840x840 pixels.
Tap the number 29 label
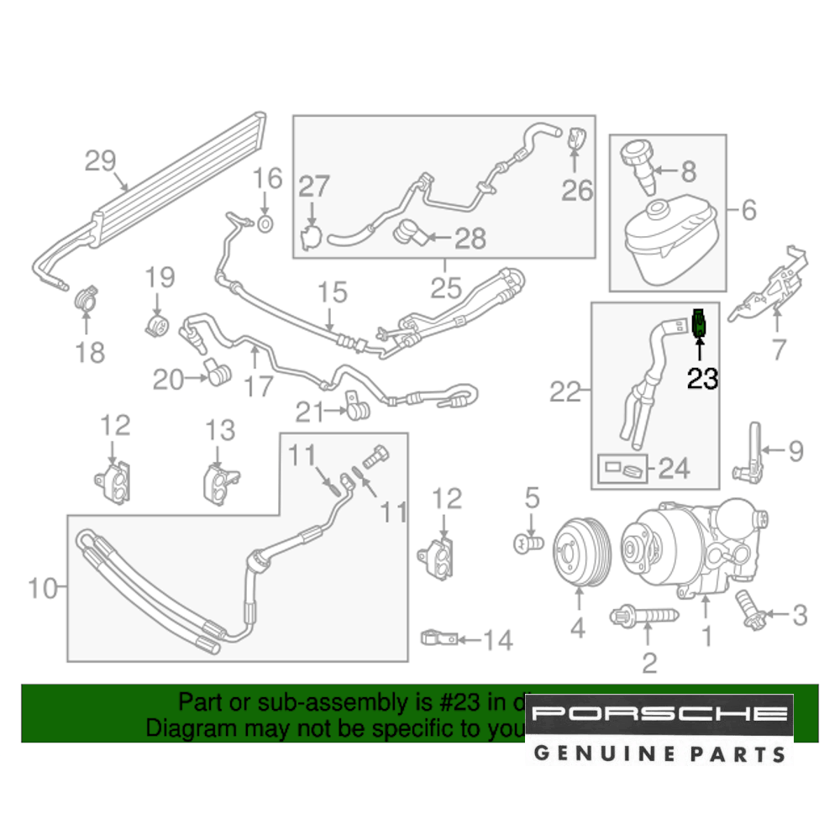click(x=100, y=160)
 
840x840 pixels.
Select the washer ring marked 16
click(x=264, y=223)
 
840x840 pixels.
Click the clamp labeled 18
click(x=86, y=300)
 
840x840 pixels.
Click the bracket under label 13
click(x=220, y=485)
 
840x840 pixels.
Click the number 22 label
click(x=565, y=391)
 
